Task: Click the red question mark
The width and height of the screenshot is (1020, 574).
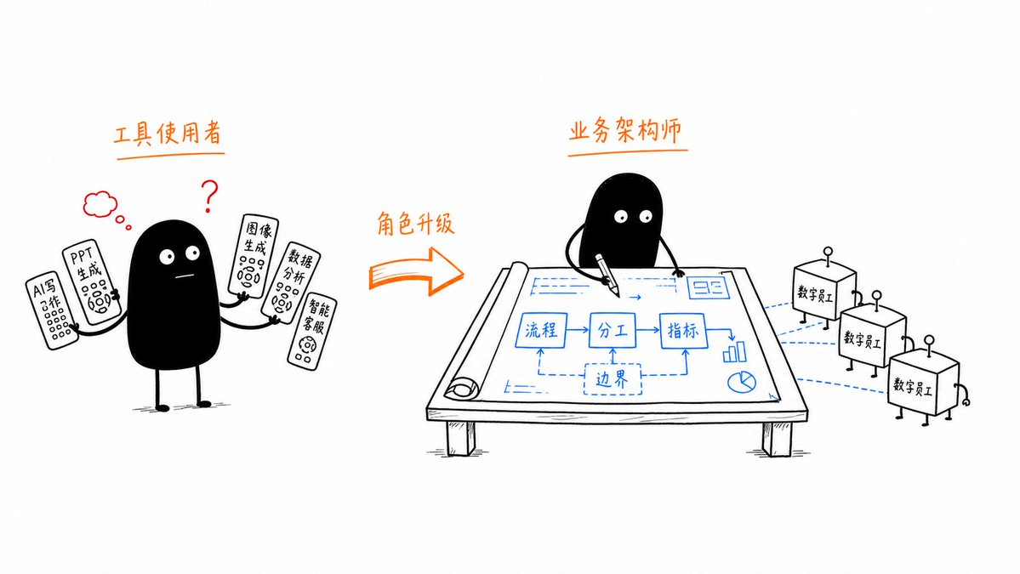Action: [209, 195]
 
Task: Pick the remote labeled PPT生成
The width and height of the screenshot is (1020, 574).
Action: [91, 282]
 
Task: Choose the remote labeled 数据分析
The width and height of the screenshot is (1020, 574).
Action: [290, 283]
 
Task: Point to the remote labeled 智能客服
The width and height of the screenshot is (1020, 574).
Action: [312, 331]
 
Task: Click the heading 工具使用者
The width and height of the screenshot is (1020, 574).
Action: [168, 134]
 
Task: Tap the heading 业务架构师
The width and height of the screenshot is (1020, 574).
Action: [626, 130]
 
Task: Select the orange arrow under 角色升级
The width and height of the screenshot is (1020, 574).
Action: [416, 272]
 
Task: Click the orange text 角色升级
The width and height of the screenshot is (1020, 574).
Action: [415, 224]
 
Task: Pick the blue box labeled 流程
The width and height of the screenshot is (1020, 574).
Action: [540, 330]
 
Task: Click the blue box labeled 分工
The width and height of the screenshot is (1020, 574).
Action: [613, 331]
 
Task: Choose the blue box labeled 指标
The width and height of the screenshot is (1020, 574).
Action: [682, 331]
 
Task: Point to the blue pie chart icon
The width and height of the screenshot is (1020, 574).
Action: [741, 382]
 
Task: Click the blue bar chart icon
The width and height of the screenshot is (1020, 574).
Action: [734, 352]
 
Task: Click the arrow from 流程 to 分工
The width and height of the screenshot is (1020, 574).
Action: [578, 330]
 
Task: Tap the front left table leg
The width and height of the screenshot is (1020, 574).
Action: [460, 438]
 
